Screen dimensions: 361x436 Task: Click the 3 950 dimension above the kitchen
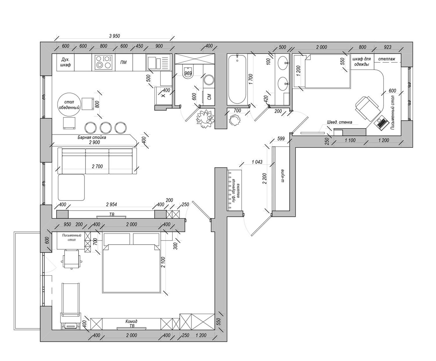[x=114, y=36]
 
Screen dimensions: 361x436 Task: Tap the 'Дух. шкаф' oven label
[x=65, y=62]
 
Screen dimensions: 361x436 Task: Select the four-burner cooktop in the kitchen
[x=103, y=62]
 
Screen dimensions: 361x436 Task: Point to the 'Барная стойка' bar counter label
[x=92, y=137]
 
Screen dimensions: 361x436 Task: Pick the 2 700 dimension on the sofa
[x=97, y=166]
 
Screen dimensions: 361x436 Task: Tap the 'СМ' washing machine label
[x=209, y=97]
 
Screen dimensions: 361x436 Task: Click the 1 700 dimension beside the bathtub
[x=251, y=79]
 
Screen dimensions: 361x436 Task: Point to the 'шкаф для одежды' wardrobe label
[x=361, y=62]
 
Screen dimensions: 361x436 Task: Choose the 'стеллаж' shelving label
[x=387, y=59]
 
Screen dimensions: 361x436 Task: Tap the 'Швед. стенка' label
[x=339, y=122]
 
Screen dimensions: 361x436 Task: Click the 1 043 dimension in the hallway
[x=257, y=162]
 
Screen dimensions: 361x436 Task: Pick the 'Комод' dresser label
[x=131, y=322]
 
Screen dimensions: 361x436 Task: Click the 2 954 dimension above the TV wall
[x=111, y=204]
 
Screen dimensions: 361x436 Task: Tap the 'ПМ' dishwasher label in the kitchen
[x=124, y=62]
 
